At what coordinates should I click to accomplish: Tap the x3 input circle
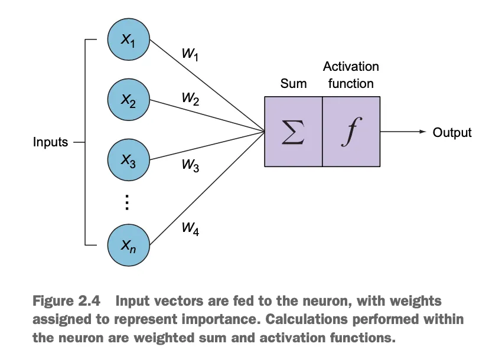click(x=129, y=160)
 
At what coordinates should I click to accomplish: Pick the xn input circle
click(x=129, y=244)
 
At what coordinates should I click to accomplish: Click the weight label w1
click(x=190, y=55)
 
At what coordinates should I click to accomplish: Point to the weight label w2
click(x=190, y=99)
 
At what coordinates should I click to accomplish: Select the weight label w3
click(x=190, y=166)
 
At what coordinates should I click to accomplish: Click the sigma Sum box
click(x=294, y=131)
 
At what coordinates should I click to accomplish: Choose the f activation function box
click(x=351, y=131)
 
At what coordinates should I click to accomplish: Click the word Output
click(x=452, y=132)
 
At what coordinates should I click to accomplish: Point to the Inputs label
click(x=51, y=142)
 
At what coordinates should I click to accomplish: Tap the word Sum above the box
click(x=294, y=84)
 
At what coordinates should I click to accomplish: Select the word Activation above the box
click(x=351, y=67)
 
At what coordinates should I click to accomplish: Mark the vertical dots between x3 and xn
click(x=128, y=202)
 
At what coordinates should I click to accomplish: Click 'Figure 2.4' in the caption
click(x=66, y=301)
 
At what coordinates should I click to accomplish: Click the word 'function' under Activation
click(x=351, y=84)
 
